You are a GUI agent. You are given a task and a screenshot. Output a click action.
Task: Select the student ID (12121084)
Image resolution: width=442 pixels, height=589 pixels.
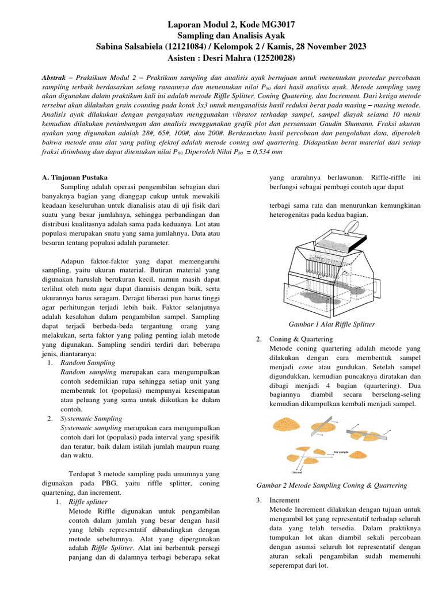click(x=191, y=47)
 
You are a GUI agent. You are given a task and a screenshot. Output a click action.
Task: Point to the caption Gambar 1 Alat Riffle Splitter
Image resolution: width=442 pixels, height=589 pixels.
click(x=331, y=324)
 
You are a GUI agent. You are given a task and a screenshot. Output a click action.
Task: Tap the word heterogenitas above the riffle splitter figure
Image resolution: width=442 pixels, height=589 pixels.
click(x=295, y=215)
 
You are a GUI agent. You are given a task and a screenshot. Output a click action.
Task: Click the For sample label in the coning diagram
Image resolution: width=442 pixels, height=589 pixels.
click(x=342, y=452)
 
